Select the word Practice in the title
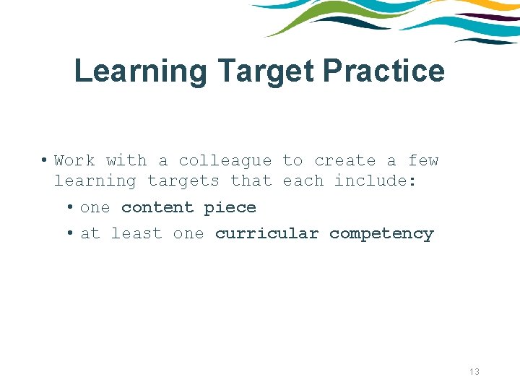click(x=383, y=71)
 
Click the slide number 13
click(x=474, y=371)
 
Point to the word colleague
click(x=225, y=160)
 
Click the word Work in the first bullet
click(x=74, y=160)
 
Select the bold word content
click(x=157, y=207)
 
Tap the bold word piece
click(x=230, y=208)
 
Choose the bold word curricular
click(x=266, y=233)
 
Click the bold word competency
click(x=381, y=234)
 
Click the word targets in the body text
click(x=183, y=181)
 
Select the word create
click(x=344, y=160)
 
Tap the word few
click(x=423, y=160)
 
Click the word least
click(x=136, y=233)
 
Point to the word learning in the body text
click(x=95, y=181)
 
